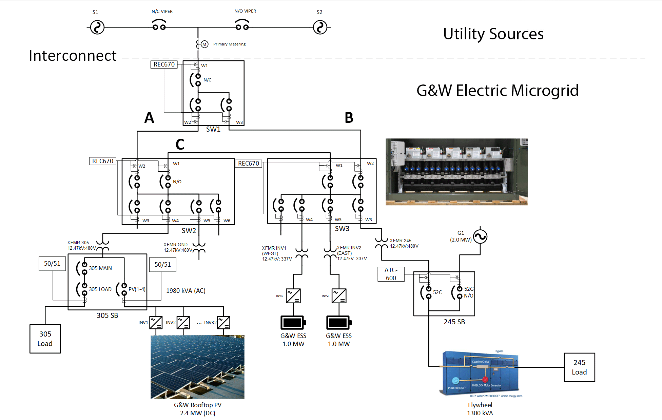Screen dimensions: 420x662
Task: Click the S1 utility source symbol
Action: pos(97,27)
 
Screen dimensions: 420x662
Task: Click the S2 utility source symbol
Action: pos(320,27)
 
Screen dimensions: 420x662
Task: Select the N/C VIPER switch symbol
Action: pos(159,25)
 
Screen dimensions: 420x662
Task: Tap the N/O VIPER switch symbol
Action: pos(242,25)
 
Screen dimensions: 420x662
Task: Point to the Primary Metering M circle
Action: pos(205,44)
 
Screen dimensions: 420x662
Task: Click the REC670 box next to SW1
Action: pos(164,64)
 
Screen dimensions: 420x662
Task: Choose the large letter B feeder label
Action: pos(349,118)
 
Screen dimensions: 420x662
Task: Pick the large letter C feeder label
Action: pos(180,145)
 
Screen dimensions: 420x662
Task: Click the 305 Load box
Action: pos(45,339)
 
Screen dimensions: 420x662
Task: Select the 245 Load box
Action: pos(579,367)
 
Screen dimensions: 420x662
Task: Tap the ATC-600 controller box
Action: pos(391,274)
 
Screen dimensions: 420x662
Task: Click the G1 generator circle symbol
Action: pos(480,236)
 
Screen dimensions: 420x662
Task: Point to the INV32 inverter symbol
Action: pos(223,322)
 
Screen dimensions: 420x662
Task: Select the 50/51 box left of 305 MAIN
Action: pos(52,264)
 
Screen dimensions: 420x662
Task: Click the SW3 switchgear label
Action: pos(342,229)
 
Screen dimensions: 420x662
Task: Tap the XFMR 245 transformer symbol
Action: pos(382,243)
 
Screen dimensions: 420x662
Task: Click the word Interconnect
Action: pos(73,56)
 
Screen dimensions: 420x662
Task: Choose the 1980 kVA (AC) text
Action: pos(186,291)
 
